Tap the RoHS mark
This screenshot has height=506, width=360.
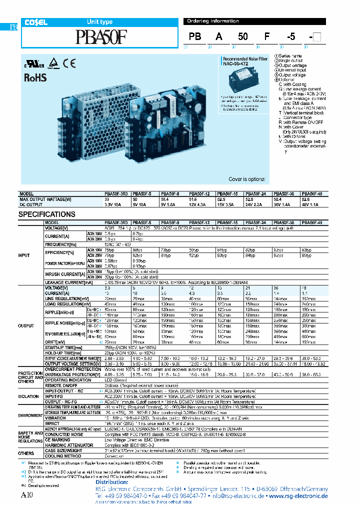(35, 77)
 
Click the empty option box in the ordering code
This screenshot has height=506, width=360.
(316, 36)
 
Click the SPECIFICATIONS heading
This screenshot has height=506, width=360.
(47, 214)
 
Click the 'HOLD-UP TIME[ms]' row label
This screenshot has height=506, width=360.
(63, 353)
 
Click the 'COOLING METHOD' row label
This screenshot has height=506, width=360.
(63, 455)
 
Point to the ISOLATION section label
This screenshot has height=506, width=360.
(28, 396)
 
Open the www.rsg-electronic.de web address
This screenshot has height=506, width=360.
(298, 496)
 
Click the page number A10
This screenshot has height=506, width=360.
(27, 495)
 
